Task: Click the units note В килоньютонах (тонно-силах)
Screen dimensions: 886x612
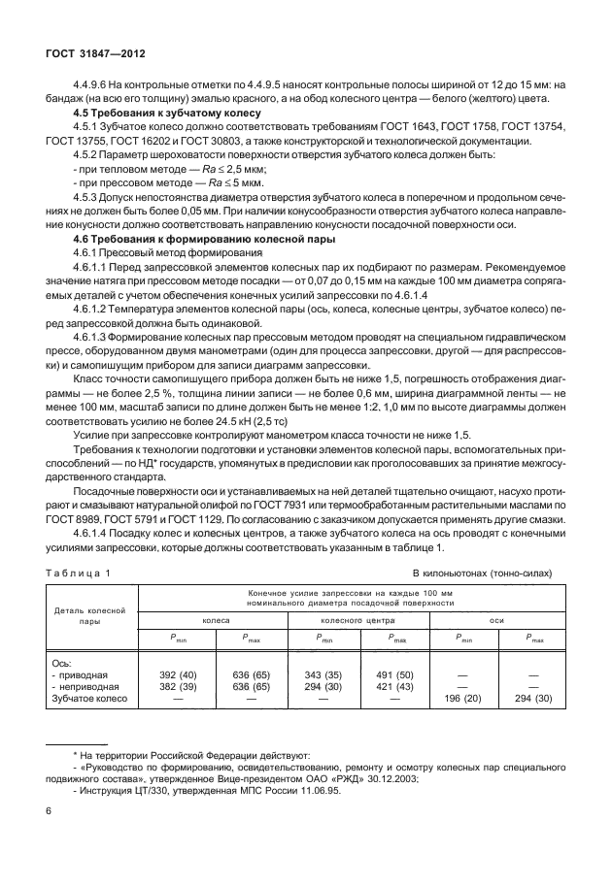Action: (x=482, y=573)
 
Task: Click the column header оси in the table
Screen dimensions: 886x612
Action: (x=496, y=617)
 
